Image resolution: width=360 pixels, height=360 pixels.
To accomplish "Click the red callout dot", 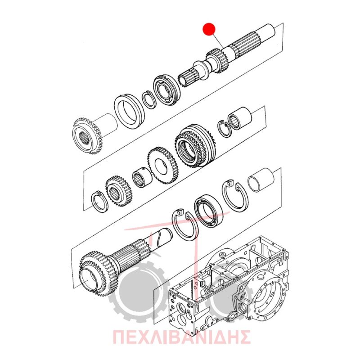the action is click(209, 29).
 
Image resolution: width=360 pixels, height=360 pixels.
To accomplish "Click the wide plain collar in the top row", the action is click(129, 111).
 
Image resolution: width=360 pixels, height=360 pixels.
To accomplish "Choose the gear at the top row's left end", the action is click(88, 136).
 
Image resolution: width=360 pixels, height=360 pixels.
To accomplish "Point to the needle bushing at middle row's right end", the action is click(240, 118).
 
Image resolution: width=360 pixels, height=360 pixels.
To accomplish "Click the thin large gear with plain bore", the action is click(163, 165).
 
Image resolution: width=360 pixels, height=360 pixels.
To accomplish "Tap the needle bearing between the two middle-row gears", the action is click(142, 176).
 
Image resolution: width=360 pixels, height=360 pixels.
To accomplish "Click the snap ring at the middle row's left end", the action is click(99, 201).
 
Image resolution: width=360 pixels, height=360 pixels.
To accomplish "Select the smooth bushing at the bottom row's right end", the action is click(261, 180).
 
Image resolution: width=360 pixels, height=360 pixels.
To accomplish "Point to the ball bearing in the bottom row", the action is click(208, 211).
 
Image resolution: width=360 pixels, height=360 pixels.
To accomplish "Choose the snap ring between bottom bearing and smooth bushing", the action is click(235, 195).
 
